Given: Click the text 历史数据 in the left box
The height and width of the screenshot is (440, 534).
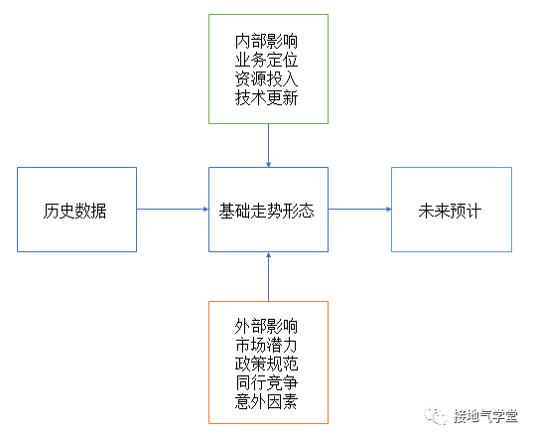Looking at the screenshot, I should click(75, 210).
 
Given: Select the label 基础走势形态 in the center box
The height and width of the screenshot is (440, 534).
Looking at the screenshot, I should click(267, 210).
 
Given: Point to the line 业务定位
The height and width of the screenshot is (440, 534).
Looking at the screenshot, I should click(267, 61).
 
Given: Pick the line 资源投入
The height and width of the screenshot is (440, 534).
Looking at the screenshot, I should click(267, 79).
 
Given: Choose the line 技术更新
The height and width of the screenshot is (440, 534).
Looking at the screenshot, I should click(267, 98).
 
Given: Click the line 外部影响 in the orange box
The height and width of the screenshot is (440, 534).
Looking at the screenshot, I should click(267, 327).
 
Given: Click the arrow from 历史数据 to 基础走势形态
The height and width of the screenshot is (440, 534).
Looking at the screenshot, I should click(172, 210).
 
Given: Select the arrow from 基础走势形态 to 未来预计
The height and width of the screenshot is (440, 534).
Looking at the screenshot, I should click(359, 210).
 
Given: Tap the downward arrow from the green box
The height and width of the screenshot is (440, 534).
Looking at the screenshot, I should click(268, 145).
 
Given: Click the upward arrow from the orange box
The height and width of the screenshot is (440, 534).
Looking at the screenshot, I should click(268, 277).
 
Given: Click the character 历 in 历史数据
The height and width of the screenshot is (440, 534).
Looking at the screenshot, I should click(51, 210).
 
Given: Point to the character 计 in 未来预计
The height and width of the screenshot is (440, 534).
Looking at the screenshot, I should click(474, 210).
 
